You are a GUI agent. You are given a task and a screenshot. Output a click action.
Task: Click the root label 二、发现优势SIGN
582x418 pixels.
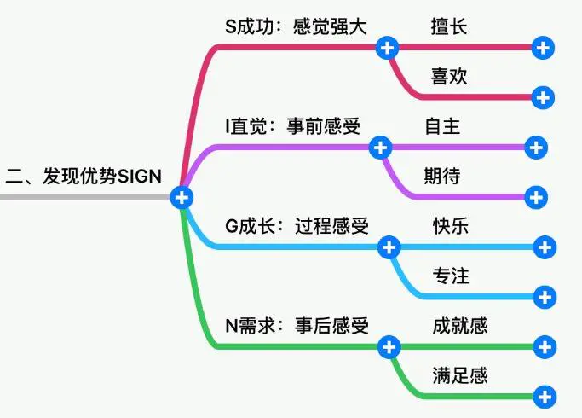[84, 176]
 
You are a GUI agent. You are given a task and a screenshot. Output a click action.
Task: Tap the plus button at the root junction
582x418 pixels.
[182, 197]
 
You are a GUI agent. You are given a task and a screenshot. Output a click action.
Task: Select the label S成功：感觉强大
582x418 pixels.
[296, 26]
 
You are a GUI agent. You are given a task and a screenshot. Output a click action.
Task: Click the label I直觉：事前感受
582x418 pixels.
[293, 126]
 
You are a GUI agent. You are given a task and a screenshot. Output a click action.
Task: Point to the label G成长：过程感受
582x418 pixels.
[297, 226]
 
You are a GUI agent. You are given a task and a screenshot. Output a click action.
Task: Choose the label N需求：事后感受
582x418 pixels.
[297, 326]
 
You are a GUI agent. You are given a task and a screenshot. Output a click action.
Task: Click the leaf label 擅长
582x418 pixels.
[449, 26]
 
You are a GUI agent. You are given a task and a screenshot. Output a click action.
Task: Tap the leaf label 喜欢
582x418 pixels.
[449, 77]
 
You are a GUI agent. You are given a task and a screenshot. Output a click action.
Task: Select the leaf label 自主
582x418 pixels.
[442, 126]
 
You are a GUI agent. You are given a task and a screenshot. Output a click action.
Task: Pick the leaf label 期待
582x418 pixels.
[442, 176]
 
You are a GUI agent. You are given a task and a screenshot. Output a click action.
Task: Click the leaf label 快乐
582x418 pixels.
[451, 226]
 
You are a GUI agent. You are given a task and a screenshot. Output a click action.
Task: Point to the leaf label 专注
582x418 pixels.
[451, 276]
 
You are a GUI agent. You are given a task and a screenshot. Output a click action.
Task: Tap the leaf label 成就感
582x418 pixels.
[460, 326]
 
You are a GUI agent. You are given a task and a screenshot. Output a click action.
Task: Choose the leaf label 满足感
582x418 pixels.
[460, 375]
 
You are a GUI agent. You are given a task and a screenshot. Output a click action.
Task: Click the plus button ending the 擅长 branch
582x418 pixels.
[543, 48]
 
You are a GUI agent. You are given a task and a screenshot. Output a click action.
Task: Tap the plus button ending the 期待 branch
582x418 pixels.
[536, 197]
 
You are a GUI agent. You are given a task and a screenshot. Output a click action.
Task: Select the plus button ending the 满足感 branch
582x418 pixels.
[545, 397]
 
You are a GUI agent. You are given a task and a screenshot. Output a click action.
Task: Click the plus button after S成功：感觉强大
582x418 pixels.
[387, 48]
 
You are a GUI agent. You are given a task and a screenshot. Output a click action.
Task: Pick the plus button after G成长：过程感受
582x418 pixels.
[389, 247]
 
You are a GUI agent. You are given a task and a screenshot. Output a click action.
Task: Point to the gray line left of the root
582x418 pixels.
[85, 197]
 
